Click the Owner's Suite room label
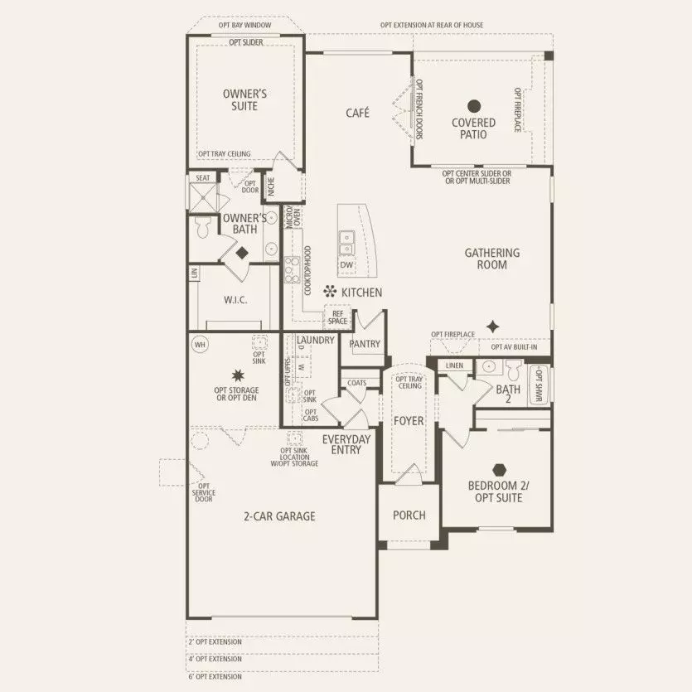[240, 100]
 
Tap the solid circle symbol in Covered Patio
[474, 106]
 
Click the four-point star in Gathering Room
[493, 326]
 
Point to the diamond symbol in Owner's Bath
[244, 253]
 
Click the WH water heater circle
[199, 343]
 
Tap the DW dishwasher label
[346, 264]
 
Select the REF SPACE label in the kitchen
[338, 317]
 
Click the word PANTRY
[365, 343]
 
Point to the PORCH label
[409, 515]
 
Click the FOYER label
[408, 421]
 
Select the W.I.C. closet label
[235, 300]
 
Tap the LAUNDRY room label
[314, 341]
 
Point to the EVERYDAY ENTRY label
[346, 445]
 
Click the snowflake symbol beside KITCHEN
[329, 292]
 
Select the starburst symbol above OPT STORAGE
[237, 375]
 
